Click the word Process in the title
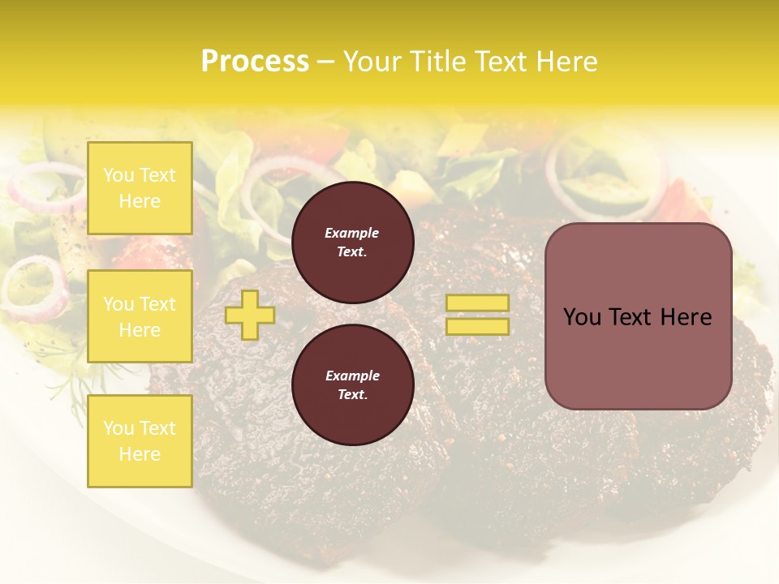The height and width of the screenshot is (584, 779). pos(255,62)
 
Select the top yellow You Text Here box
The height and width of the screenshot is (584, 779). pos(140,188)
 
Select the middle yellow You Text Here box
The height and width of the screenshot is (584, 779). pos(140,316)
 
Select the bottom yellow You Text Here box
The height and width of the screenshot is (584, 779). pos(140,441)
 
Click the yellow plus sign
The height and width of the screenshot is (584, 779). pos(249,315)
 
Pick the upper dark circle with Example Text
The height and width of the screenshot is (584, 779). pos(352,243)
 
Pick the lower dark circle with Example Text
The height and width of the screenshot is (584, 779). pos(352,385)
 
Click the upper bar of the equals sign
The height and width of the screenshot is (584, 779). pos(477,303)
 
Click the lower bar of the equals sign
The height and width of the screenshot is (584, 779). pos(477,326)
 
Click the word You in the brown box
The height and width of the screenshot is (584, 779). pos(581,317)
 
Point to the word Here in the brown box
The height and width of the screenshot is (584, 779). pos(686,317)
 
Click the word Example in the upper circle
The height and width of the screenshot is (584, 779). pos(352,233)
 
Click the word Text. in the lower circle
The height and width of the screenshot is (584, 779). pos(352,395)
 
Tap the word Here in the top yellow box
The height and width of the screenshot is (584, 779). pos(140,201)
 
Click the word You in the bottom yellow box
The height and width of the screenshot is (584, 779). pos(118,428)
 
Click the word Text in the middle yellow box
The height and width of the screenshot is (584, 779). pos(157,304)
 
